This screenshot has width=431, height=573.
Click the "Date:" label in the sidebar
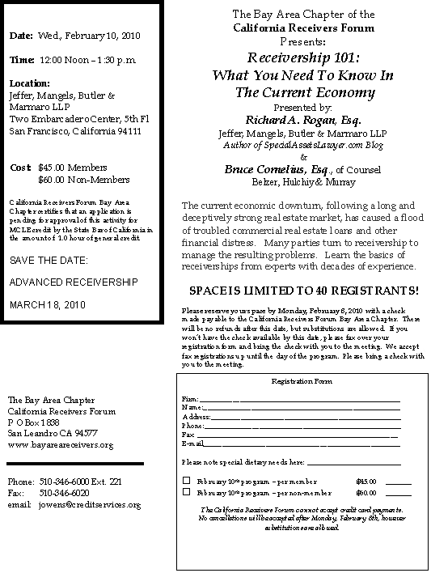click(21, 36)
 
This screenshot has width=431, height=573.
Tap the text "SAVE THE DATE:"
click(48, 261)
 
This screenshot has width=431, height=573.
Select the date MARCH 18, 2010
click(47, 304)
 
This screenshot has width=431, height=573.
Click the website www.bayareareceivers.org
click(61, 445)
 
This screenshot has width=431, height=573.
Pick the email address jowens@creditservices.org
click(90, 504)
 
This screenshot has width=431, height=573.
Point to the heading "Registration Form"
click(301, 380)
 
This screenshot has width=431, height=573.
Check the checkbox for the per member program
click(186, 480)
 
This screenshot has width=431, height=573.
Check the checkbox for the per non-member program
click(186, 491)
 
